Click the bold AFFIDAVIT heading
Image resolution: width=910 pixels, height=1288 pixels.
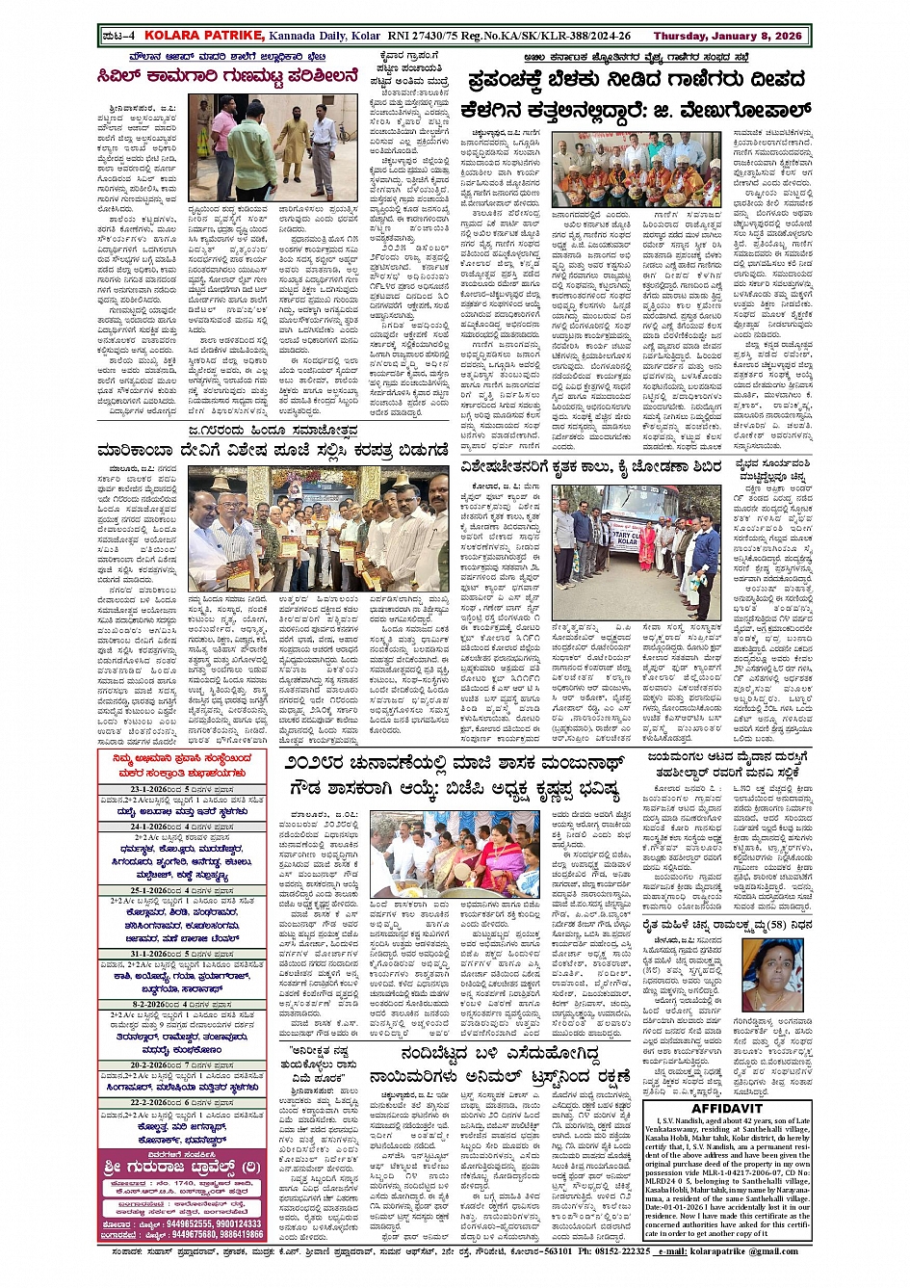[x=727, y=1109]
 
